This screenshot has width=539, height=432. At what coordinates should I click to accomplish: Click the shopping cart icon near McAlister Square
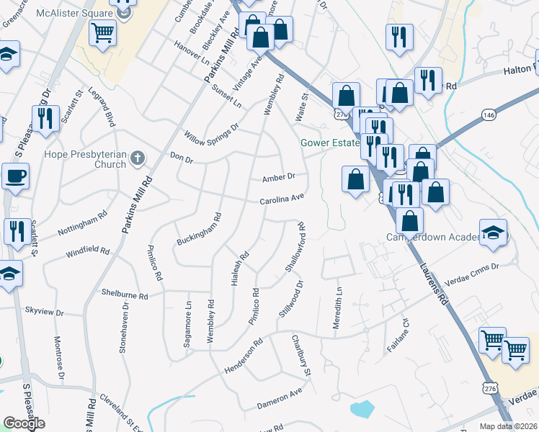coord(103,32)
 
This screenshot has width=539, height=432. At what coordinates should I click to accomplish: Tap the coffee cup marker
coord(15,176)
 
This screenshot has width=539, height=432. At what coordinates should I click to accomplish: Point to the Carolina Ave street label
coord(282,199)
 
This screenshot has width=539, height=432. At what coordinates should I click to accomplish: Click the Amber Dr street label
coord(279,177)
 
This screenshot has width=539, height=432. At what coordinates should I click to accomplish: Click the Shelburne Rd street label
coord(124,294)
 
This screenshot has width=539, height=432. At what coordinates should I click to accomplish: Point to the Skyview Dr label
coord(45,312)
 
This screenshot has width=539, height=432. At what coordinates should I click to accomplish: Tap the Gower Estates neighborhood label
coord(329,143)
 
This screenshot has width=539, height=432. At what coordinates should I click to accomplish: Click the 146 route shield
coord(489,115)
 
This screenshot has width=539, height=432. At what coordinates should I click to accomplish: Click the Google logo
coord(24,424)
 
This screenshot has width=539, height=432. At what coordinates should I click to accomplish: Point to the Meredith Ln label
coord(337,308)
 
